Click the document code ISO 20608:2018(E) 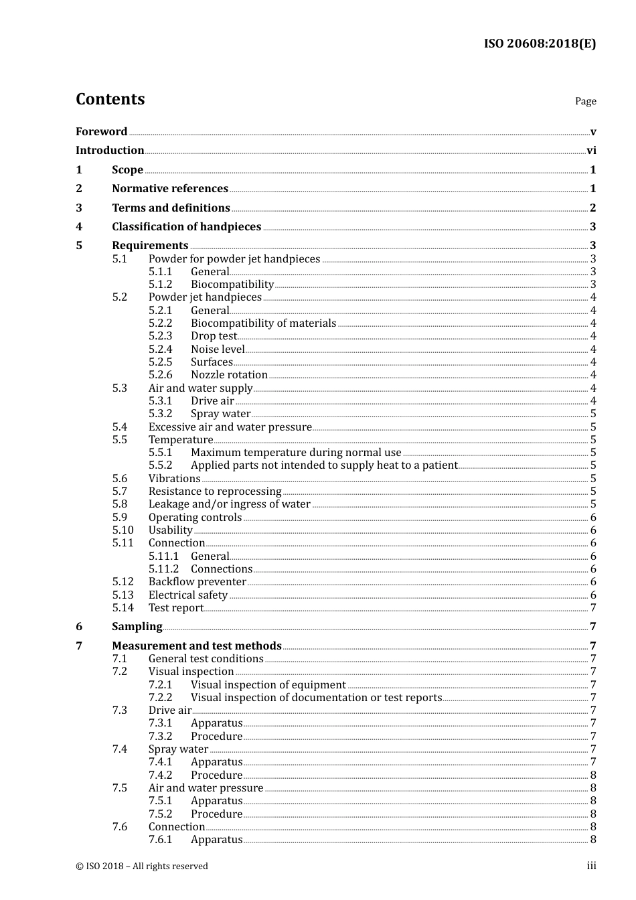click(x=540, y=44)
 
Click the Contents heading click(x=110, y=99)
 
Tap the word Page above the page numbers click(x=585, y=101)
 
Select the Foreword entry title click(x=101, y=132)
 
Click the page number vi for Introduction click(x=591, y=151)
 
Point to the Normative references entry click(x=170, y=189)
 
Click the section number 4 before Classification click(x=79, y=227)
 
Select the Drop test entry click(x=214, y=336)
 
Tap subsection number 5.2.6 click(x=160, y=375)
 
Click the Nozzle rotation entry click(x=229, y=375)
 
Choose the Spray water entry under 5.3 click(x=220, y=414)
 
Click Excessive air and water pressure click(x=230, y=427)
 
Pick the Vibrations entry click(x=174, y=479)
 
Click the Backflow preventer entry click(x=197, y=582)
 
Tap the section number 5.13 click(x=123, y=595)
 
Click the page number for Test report click(x=593, y=608)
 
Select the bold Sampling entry click(x=137, y=627)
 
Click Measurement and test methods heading click(x=196, y=646)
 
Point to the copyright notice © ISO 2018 click(x=142, y=867)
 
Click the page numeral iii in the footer click(x=591, y=866)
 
